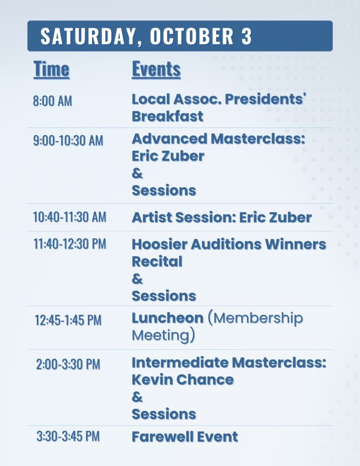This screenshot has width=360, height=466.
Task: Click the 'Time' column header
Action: (x=51, y=70)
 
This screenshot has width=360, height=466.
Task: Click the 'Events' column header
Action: (x=157, y=70)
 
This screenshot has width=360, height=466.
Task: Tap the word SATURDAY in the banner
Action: (x=88, y=36)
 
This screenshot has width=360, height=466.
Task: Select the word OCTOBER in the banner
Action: (x=192, y=36)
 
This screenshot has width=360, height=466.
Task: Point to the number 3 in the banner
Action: (x=247, y=36)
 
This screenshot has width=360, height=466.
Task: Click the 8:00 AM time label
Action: (x=53, y=101)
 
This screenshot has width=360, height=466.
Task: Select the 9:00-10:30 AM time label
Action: (x=68, y=141)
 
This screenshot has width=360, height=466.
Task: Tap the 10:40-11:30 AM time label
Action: (x=70, y=217)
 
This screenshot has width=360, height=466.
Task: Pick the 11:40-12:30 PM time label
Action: (x=70, y=244)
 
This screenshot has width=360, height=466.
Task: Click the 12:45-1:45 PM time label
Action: (x=68, y=320)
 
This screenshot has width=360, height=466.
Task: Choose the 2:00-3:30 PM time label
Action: (x=68, y=365)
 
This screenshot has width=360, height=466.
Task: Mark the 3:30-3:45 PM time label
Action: (x=68, y=436)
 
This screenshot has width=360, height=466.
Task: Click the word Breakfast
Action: (x=167, y=116)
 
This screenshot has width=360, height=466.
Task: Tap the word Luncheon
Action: (x=167, y=318)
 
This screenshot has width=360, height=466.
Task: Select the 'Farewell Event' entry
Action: (x=185, y=437)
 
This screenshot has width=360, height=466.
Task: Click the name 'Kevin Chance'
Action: (x=183, y=380)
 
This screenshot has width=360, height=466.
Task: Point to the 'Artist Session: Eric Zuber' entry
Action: (x=222, y=217)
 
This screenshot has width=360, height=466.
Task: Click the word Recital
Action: (x=157, y=262)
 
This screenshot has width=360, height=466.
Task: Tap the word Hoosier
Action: (x=159, y=244)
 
